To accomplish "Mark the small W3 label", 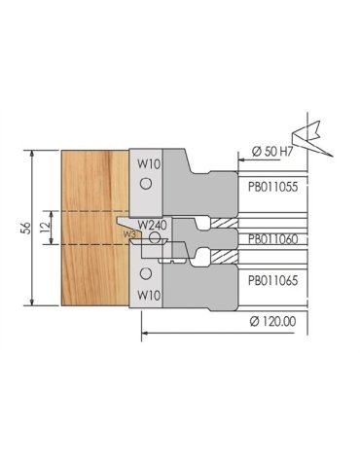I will [x=129, y=233].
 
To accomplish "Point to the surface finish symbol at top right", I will [x=316, y=125].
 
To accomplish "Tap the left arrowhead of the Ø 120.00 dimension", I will [x=143, y=331].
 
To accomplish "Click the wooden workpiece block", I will [x=92, y=229].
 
